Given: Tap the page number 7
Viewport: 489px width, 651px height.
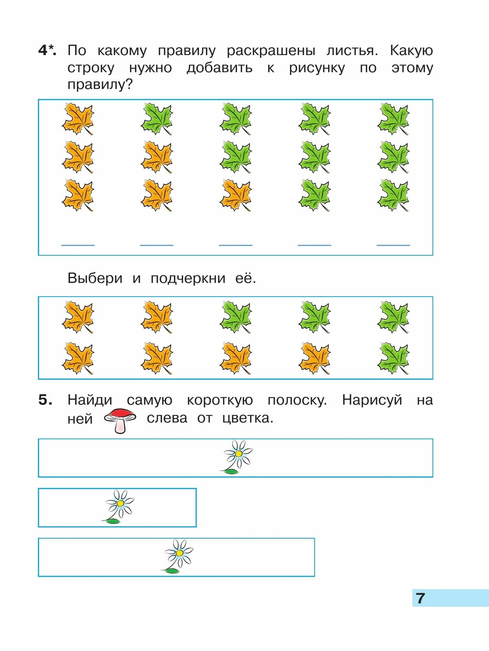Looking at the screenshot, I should tap(421, 598).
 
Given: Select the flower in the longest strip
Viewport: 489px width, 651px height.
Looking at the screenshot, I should tap(238, 456).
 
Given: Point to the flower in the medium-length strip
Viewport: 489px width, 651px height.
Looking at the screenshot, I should tap(178, 556).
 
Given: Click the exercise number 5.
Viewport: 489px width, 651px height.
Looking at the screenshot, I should tap(45, 400).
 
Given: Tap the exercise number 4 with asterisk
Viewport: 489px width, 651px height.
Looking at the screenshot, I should tap(47, 51).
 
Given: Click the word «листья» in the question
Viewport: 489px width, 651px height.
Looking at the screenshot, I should tap(352, 51).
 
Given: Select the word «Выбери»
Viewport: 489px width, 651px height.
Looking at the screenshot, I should tap(95, 278).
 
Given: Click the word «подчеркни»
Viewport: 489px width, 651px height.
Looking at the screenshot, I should tap(188, 278).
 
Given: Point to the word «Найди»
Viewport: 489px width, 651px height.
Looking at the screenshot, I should tap(90, 400).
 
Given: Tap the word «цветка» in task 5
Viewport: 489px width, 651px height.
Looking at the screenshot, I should tap(248, 418).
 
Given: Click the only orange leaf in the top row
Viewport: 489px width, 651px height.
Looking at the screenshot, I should tap(78, 119).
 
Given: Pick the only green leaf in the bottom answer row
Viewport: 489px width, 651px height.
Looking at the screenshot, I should tap(393, 359).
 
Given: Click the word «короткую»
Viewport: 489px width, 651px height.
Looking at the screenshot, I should tap(220, 400).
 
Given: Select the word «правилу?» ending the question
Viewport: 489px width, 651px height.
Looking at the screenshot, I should tap(100, 85).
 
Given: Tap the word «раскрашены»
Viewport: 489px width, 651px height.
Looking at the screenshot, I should tap(271, 51).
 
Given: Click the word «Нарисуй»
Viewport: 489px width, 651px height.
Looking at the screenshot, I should tap(372, 400).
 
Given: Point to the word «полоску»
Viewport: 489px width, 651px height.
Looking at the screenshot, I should tap(297, 400).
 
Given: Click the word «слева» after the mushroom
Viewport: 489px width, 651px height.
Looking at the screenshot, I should tap(167, 418).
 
